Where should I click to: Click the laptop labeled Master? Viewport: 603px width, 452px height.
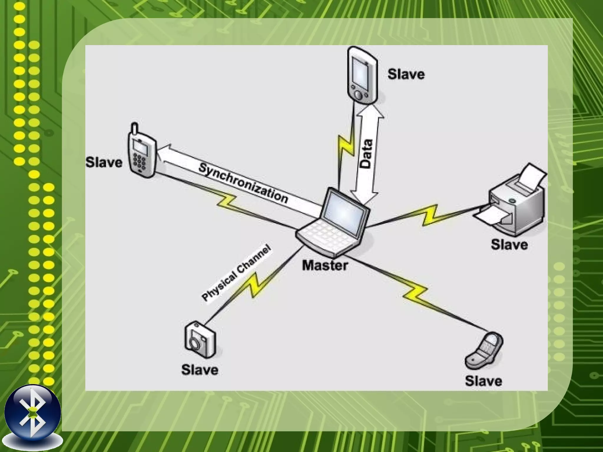(333, 224)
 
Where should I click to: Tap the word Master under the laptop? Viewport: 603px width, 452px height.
(325, 265)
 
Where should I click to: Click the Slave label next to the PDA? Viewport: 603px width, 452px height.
(406, 74)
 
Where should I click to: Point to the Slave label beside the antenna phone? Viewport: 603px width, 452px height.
(104, 162)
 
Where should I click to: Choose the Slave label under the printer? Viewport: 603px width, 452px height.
(509, 245)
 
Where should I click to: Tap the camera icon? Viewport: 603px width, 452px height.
(200, 340)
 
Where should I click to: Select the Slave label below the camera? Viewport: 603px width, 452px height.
(200, 370)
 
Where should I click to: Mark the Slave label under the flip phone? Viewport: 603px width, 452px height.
(483, 381)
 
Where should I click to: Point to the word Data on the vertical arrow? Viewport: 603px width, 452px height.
(366, 154)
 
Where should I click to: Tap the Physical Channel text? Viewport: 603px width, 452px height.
(236, 274)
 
